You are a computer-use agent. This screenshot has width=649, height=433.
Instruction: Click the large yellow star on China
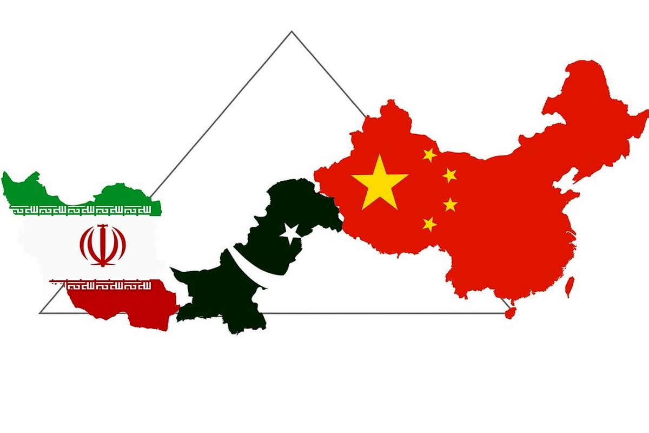coord(379,183)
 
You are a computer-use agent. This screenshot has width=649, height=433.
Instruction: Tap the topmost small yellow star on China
coord(429,155)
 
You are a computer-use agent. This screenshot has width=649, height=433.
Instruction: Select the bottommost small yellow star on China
coord(430,223)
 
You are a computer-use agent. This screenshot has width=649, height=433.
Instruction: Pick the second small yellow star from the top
coord(449,175)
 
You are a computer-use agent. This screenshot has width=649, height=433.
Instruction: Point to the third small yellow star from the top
coord(450,204)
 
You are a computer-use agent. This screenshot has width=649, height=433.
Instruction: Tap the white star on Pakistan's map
coord(291,233)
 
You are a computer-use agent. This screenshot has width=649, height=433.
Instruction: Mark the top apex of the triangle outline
coord(292,31)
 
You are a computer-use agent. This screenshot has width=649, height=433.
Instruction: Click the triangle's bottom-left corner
coord(41,312)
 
